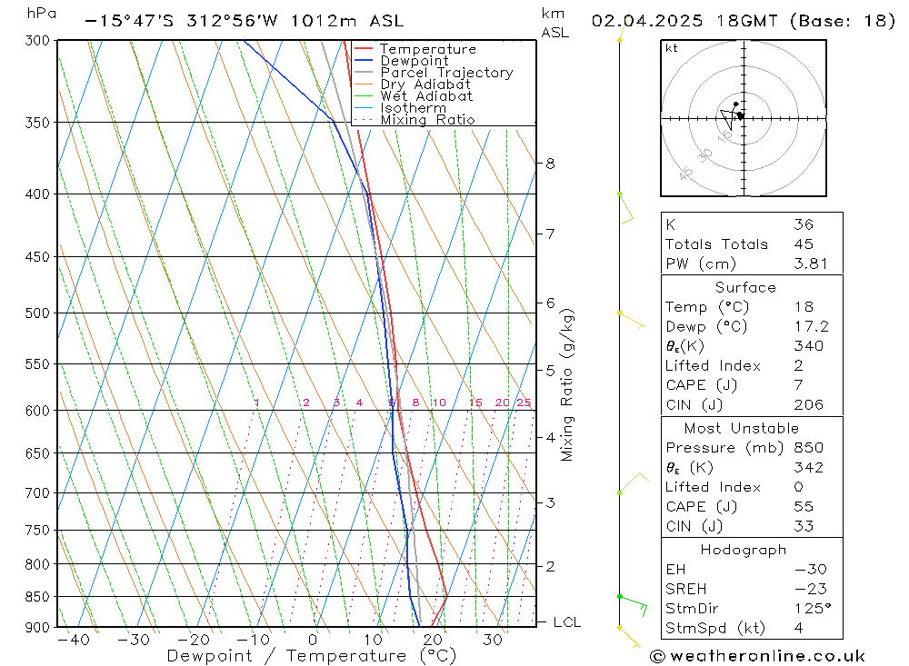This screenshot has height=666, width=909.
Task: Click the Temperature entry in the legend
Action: tap(427, 49)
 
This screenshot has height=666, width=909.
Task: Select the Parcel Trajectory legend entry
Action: tap(446, 73)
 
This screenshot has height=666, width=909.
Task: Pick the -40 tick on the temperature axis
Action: tap(73, 640)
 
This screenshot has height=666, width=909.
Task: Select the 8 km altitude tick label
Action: tap(550, 164)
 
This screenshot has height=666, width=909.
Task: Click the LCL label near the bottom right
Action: tap(566, 622)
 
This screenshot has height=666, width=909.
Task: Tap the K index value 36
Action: tap(803, 224)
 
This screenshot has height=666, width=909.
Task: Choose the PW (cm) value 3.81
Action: tap(808, 263)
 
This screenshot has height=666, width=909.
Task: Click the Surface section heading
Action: tap(745, 287)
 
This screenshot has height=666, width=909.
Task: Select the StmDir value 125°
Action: tap(808, 608)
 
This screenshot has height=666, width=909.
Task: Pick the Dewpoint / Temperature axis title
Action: tap(297, 656)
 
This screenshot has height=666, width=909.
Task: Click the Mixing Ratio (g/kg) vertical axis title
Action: tap(567, 384)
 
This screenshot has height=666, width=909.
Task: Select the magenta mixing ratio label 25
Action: tap(524, 403)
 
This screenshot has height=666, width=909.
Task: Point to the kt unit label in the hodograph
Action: tap(671, 48)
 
